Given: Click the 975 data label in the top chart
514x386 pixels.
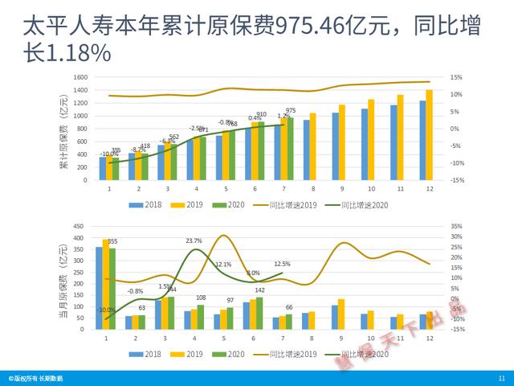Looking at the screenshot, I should (x=291, y=111).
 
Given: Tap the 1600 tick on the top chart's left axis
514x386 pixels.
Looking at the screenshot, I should (x=79, y=77).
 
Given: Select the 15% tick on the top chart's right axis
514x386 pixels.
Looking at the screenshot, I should (x=455, y=77).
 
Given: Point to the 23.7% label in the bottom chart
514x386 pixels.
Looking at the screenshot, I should (x=194, y=240).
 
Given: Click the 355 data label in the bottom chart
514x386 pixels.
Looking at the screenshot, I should (x=112, y=241).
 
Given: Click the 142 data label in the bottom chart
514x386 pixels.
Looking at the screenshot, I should (x=259, y=290).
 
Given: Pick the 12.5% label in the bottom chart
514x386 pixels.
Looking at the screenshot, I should (x=282, y=264).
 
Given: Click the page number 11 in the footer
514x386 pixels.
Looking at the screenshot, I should (x=501, y=378).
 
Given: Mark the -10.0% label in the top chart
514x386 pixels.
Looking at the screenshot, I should (x=108, y=154).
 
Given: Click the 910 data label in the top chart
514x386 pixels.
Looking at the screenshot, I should (x=261, y=115).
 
